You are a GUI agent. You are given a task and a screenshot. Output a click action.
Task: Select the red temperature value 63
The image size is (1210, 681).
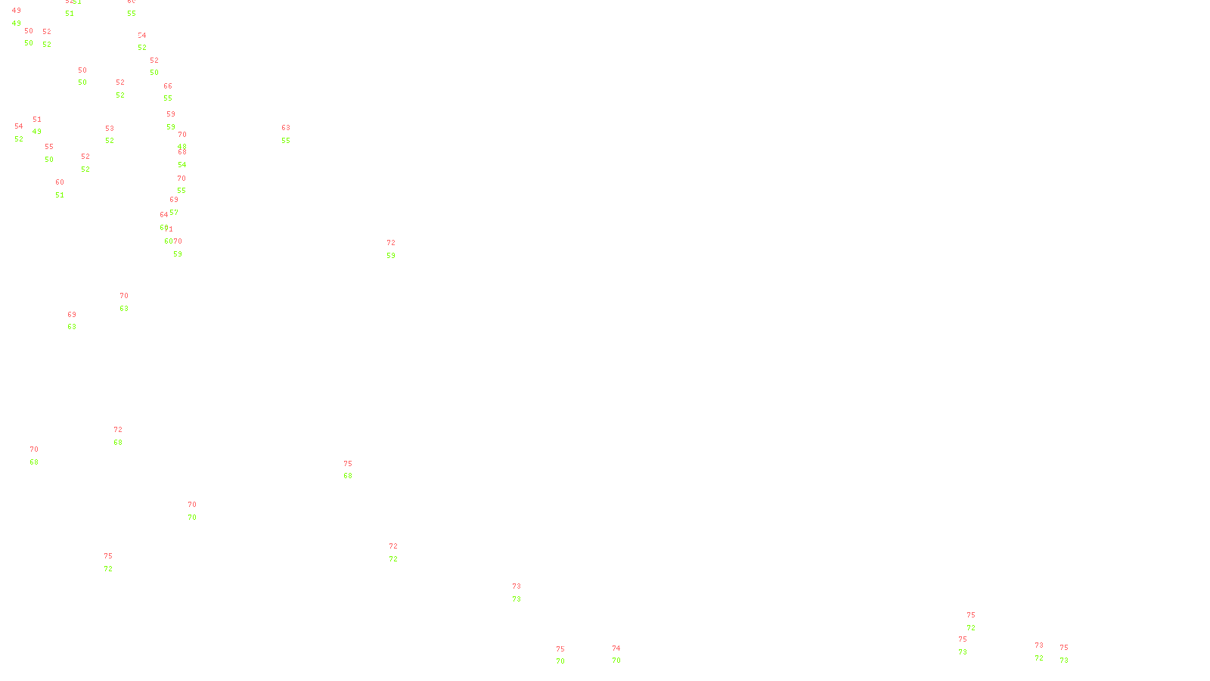tap(286, 128)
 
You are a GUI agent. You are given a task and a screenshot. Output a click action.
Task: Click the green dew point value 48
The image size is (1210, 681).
tap(182, 147)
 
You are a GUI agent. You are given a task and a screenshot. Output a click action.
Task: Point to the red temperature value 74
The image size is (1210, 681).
tap(616, 648)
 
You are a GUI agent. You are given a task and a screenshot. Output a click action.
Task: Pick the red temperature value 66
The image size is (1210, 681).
tap(168, 86)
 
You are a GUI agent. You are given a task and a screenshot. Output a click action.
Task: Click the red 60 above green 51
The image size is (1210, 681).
tap(60, 182)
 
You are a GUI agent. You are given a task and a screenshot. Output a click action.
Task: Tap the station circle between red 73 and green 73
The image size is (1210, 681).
tap(523, 593)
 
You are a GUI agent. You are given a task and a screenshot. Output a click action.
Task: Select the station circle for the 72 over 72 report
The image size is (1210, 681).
tap(401, 553)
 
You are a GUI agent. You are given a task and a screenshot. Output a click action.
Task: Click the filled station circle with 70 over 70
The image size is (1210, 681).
tap(200, 512)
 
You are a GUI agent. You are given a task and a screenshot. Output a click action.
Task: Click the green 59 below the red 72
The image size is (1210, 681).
tap(391, 256)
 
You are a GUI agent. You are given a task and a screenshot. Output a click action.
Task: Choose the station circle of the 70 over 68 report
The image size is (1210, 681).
tap(41, 456)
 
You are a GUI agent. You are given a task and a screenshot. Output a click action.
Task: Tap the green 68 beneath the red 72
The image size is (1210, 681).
tap(118, 443)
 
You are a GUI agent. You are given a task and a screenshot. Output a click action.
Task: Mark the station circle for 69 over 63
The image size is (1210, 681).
tap(79, 322)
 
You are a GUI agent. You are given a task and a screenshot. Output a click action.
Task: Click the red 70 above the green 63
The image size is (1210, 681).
tap(124, 296)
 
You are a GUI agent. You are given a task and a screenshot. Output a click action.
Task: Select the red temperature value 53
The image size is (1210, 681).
tap(110, 129)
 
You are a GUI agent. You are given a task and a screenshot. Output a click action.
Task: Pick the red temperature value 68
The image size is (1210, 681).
tap(182, 152)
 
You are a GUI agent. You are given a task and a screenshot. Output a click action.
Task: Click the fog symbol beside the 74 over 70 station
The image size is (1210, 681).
tap(617, 655)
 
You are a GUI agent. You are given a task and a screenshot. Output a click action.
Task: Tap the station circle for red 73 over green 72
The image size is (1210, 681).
tap(1046, 652)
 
